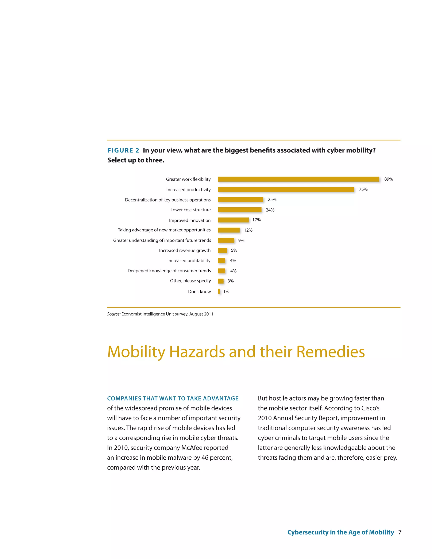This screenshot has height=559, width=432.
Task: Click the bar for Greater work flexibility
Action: pyautogui.click(x=298, y=179)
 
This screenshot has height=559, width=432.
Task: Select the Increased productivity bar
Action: pyautogui.click(x=286, y=189)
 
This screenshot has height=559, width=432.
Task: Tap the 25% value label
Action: pyautogui.click(x=272, y=199)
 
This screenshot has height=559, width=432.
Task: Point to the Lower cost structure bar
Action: pyautogui.click(x=240, y=210)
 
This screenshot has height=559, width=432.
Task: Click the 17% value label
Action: pyautogui.click(x=256, y=220)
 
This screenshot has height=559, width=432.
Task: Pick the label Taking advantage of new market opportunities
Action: pyautogui.click(x=164, y=230)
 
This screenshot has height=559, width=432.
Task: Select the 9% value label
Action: pyautogui.click(x=241, y=240)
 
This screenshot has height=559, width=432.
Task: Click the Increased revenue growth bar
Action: pyautogui.click(x=222, y=250)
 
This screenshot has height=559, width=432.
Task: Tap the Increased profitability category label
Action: pyautogui.click(x=189, y=261)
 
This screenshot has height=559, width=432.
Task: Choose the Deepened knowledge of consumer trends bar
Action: pyautogui.click(x=221, y=271)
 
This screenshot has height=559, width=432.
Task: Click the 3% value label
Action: pyautogui.click(x=230, y=281)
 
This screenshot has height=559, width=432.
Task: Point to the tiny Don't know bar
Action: pyautogui.click(x=219, y=291)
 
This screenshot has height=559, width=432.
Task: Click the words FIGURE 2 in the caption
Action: pyautogui.click(x=123, y=150)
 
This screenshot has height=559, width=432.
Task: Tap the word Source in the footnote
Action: pyautogui.click(x=113, y=314)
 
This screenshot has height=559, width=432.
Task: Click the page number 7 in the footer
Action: pyautogui.click(x=400, y=532)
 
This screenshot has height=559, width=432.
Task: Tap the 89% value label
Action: pyautogui.click(x=388, y=179)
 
